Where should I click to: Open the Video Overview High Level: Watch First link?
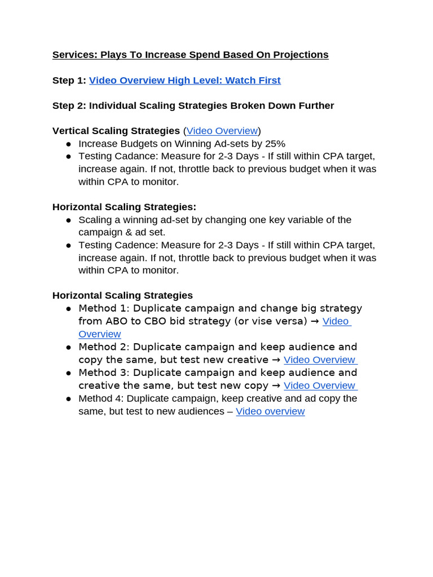coord(184,81)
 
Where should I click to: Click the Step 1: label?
coord(69,81)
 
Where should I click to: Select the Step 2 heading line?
coord(193,106)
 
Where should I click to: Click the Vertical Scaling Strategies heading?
coord(116,131)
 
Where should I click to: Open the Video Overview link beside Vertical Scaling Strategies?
coord(222,131)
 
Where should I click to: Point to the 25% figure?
coord(275,144)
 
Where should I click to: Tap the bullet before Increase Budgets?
coord(68,144)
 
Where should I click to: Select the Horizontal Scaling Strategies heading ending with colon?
coord(124,207)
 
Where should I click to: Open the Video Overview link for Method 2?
coord(320,359)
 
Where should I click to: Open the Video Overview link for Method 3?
coord(320,385)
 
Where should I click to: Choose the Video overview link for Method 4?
coord(270,411)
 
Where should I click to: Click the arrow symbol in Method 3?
coord(276,385)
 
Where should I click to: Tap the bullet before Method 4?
coord(68,398)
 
